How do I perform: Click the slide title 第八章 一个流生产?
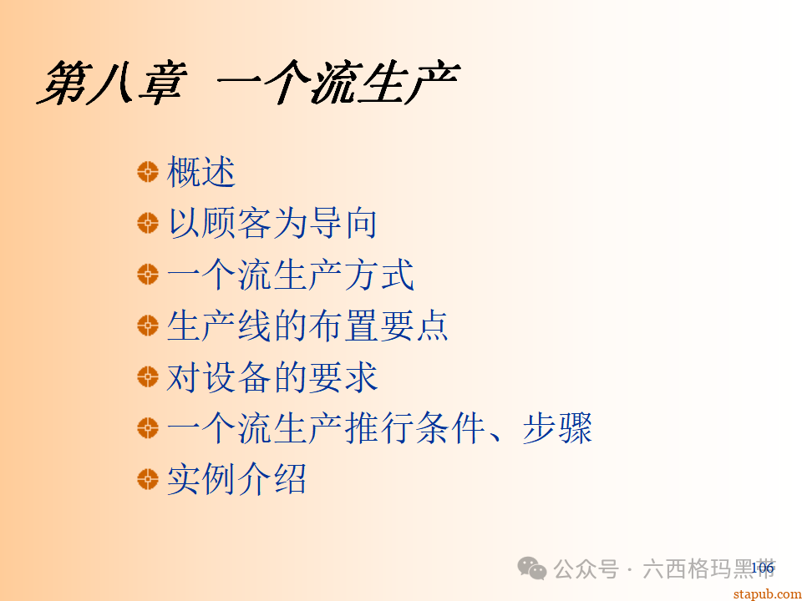click(248, 82)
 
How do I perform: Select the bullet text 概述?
click(201, 173)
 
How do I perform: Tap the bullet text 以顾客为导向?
click(272, 224)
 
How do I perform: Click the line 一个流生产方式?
click(290, 275)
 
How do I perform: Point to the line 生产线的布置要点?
click(307, 326)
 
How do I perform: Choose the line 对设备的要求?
click(272, 377)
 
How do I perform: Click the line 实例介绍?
click(236, 480)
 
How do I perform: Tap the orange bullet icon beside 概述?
click(148, 173)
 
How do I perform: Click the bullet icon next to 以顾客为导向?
click(148, 224)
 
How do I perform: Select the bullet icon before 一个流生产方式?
click(148, 275)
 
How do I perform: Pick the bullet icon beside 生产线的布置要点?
click(148, 326)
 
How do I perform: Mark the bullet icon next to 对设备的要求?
click(148, 377)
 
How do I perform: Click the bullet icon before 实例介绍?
click(148, 480)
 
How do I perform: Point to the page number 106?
click(762, 568)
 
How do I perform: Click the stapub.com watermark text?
click(766, 593)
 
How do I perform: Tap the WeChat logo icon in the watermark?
click(532, 568)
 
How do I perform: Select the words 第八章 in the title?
click(109, 82)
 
